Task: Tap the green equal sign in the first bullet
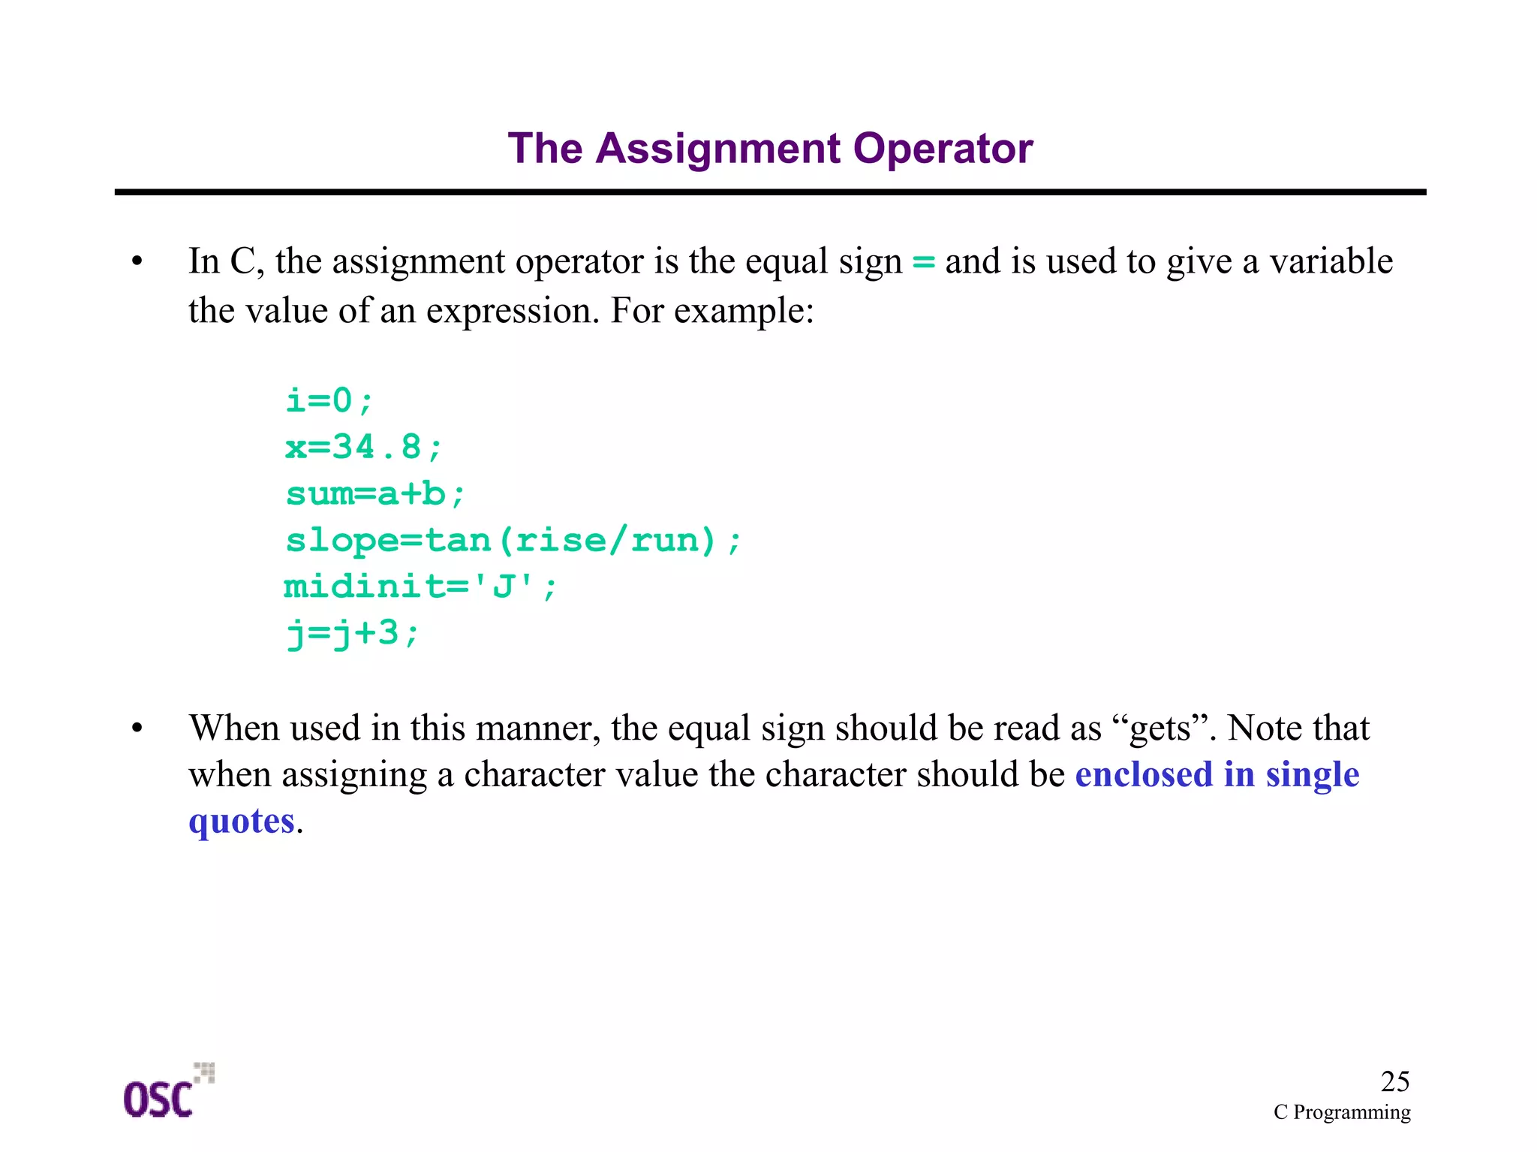(923, 262)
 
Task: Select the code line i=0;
(329, 400)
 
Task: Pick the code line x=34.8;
(364, 447)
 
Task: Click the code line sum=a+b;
(375, 494)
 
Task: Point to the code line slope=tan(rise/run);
(513, 541)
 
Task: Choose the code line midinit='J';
(420, 587)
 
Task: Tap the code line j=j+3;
(352, 634)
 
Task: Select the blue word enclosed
(1143, 774)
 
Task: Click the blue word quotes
(241, 821)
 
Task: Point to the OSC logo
(167, 1092)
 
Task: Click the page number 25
(1394, 1081)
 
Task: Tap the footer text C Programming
(1341, 1112)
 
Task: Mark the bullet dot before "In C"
(137, 262)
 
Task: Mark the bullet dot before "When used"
(137, 728)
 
